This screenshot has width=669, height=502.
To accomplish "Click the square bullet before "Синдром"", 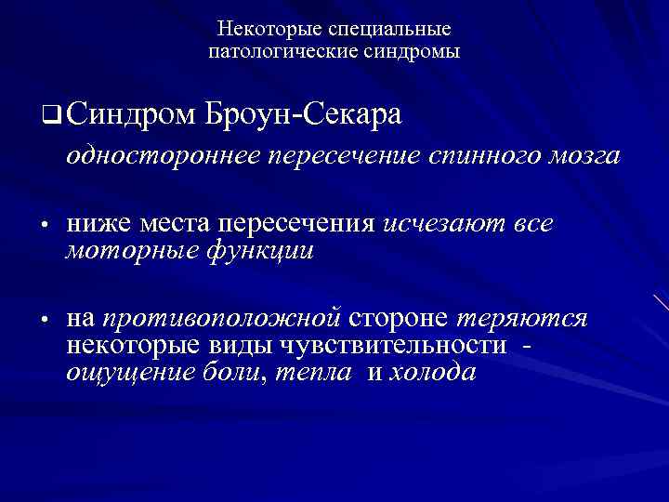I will [x=50, y=117].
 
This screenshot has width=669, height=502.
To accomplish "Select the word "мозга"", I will [x=584, y=156].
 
